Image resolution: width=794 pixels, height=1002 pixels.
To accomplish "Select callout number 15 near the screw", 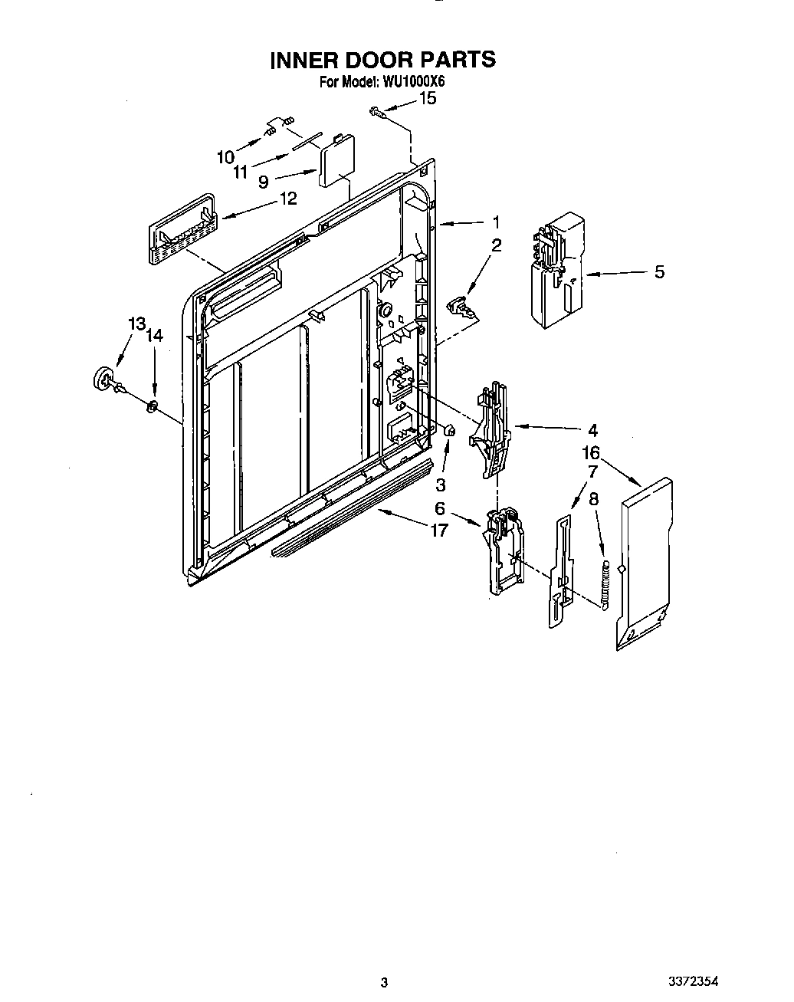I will tap(428, 98).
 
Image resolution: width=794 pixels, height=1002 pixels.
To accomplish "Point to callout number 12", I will tap(287, 199).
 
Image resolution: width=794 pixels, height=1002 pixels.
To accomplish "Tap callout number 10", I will tap(225, 157).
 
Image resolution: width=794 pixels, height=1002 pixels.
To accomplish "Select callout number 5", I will tap(659, 271).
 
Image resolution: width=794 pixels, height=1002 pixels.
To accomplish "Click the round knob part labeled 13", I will tap(103, 379).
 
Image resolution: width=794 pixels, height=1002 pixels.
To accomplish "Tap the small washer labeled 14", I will tap(152, 406).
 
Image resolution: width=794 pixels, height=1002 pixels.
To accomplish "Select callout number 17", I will tap(438, 529).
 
